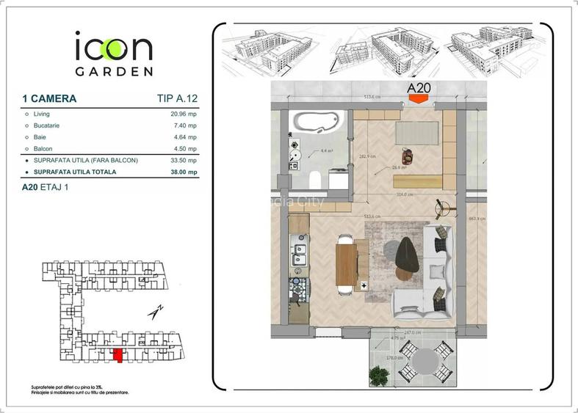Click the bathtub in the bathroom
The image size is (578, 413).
[x=314, y=120]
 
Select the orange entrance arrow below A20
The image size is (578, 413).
[x=418, y=100]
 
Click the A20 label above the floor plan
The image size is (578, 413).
[x=418, y=89]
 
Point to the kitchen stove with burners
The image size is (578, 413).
[x=299, y=289]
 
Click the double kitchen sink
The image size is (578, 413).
[x=299, y=255]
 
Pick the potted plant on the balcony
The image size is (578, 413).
[x=379, y=376]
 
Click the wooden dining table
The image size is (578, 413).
[x=346, y=264]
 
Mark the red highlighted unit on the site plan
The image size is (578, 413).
[x=117, y=356]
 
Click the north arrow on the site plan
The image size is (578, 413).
[x=155, y=312]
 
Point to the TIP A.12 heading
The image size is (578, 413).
[x=177, y=98]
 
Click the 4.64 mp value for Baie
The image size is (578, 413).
[x=185, y=137]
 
